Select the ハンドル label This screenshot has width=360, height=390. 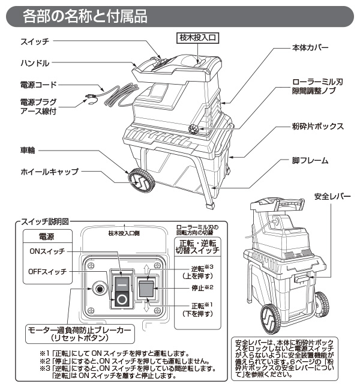pos(35,62)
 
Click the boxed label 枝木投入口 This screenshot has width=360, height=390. pos(198,38)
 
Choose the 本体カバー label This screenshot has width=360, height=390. pos(310,47)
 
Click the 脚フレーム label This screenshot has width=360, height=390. pos(310,161)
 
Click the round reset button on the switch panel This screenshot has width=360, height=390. pos(97,290)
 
